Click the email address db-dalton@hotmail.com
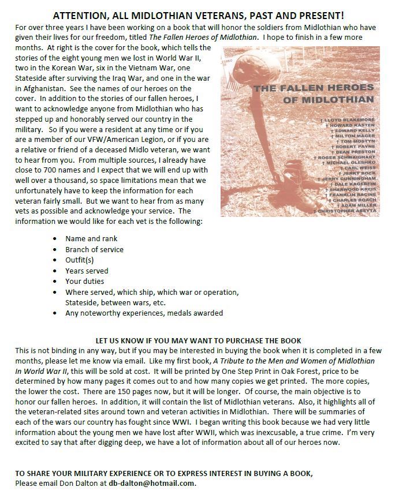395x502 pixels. (152, 483)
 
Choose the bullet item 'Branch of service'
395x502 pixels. (94, 249)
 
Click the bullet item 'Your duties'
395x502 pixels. (84, 282)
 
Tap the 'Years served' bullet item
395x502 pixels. (87, 271)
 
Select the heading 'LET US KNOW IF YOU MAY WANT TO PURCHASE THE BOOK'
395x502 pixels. (198, 340)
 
